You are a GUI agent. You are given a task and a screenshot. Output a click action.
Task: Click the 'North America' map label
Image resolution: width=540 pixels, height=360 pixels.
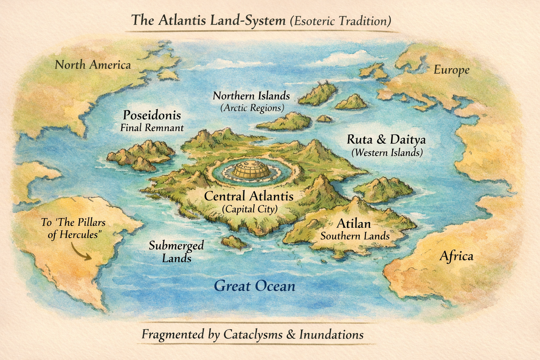(x=93, y=65)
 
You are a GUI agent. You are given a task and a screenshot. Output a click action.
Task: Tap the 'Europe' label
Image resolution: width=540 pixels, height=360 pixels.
(x=451, y=70)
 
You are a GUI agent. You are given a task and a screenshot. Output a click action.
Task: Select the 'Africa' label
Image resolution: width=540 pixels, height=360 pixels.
(x=456, y=256)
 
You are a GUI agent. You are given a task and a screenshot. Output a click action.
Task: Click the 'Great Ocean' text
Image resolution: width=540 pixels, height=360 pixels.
(x=255, y=286)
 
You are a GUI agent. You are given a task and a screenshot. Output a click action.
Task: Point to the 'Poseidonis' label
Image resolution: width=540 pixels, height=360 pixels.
(x=152, y=115)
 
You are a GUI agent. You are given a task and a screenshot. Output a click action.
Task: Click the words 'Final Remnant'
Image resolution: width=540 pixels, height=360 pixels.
(x=152, y=128)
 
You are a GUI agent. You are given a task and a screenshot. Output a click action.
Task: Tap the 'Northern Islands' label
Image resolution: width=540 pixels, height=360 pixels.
(x=251, y=96)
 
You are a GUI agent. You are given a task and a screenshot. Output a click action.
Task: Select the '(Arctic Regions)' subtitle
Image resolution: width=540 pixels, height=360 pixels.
(x=252, y=108)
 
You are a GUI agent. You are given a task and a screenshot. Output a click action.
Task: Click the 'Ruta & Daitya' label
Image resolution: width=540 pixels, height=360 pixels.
(x=386, y=140)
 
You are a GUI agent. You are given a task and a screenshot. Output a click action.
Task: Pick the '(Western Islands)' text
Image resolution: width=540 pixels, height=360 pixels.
(x=387, y=153)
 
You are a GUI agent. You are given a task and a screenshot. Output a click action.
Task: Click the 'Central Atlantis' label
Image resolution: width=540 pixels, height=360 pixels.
(x=249, y=196)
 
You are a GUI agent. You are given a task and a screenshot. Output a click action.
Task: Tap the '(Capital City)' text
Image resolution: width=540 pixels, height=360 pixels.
(x=250, y=209)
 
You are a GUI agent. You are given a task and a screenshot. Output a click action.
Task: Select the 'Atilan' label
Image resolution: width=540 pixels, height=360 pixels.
(x=354, y=223)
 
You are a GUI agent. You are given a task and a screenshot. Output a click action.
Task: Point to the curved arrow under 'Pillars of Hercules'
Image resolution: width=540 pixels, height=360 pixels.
(x=81, y=252)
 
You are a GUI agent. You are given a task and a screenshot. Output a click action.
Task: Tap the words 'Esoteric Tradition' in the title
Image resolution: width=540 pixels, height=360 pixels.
(x=340, y=21)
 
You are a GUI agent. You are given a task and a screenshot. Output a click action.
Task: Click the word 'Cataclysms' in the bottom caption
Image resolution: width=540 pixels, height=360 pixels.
(x=253, y=334)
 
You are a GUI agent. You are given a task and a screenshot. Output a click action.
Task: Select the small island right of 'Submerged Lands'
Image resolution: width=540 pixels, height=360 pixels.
(x=234, y=242)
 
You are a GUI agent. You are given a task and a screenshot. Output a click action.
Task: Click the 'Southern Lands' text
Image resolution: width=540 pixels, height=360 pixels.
(x=355, y=236)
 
